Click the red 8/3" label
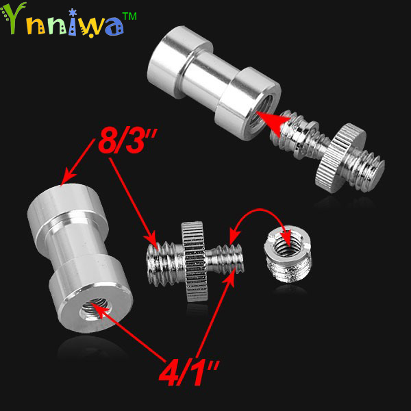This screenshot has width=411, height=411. pyautogui.click(x=127, y=142)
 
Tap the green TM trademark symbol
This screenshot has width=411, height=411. pyautogui.click(x=129, y=16)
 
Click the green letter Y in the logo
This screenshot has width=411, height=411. pyautogui.click(x=14, y=18)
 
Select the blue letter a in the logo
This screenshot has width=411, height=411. pyautogui.click(x=114, y=27)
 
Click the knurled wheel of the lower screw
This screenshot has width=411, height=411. pyautogui.click(x=195, y=262)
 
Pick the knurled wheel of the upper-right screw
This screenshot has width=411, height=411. pyautogui.click(x=340, y=158)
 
